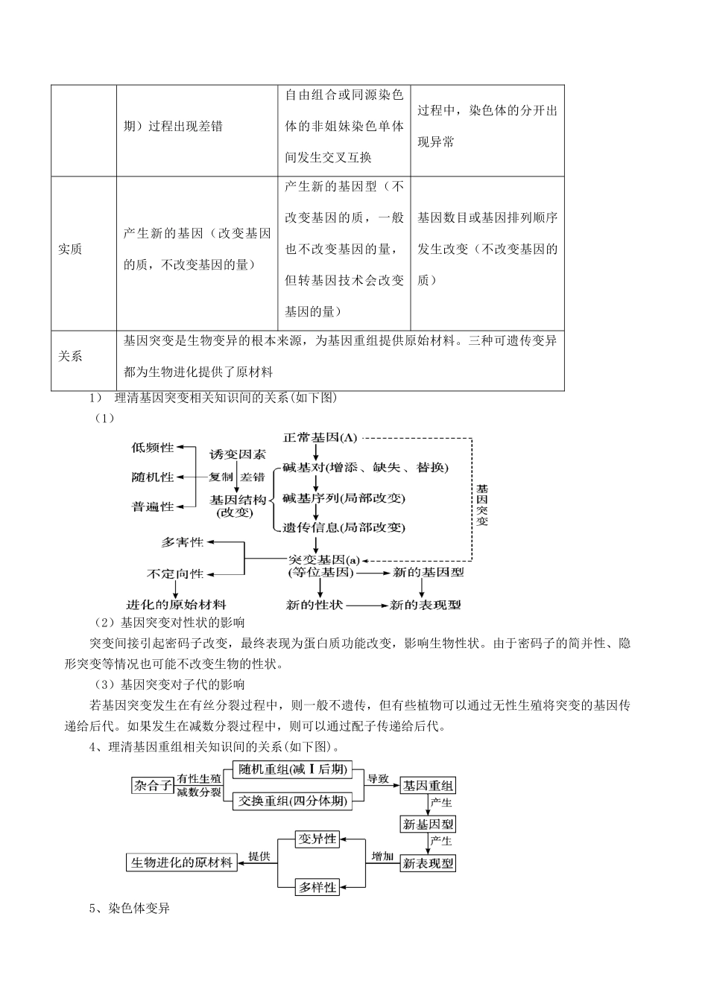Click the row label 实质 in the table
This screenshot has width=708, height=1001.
70,250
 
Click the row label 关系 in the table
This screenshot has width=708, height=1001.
70,356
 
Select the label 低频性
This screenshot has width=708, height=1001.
152,448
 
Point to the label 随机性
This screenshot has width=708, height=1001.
152,477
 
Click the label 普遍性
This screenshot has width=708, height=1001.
152,506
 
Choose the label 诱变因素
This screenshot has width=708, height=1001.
237,454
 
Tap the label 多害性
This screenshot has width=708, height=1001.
183,542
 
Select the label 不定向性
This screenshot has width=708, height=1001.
175,573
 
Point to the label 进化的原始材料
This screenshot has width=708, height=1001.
177,604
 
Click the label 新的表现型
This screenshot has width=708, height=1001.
426,604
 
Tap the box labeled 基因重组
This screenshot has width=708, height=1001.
428,785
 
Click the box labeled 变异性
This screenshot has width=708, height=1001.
317,839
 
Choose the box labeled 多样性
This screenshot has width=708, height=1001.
317,887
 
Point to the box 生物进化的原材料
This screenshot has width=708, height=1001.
182,862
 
